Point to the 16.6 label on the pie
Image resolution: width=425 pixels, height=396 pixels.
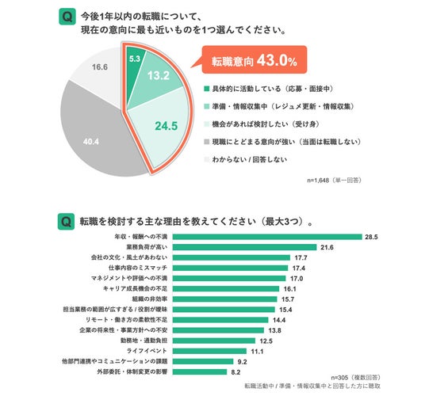(x=100, y=67)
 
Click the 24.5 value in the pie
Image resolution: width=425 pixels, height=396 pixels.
(x=167, y=126)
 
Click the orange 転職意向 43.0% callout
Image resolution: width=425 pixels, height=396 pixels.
(x=255, y=60)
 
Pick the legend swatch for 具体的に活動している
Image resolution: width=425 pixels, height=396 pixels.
(x=207, y=89)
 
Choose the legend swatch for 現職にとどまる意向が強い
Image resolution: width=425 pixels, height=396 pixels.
(x=207, y=142)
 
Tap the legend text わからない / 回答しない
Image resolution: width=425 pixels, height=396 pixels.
(x=249, y=159)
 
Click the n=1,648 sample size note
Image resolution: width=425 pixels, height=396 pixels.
(x=334, y=181)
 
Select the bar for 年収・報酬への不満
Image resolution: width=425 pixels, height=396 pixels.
(x=267, y=237)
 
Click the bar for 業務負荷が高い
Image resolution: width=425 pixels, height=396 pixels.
(x=245, y=247)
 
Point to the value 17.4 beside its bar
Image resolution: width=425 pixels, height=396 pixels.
(x=299, y=268)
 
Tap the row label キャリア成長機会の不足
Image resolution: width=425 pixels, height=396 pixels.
(x=135, y=288)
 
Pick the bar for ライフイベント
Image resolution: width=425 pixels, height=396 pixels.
(x=210, y=351)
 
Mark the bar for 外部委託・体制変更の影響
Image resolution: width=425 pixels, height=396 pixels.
(x=200, y=372)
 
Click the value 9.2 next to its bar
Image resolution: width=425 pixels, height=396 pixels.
(x=243, y=362)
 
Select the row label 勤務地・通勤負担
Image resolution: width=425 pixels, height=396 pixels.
(x=144, y=341)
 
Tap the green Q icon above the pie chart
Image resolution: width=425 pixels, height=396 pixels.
(x=67, y=17)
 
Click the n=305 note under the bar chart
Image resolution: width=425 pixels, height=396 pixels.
(x=355, y=377)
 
